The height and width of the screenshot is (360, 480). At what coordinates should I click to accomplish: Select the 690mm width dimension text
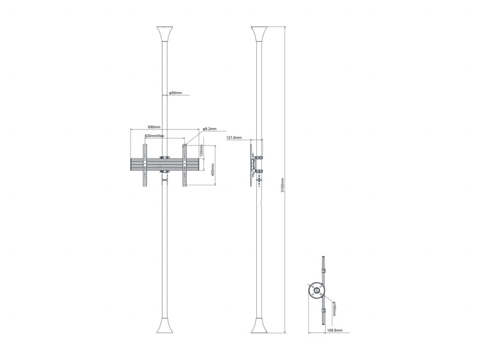coord(154,127)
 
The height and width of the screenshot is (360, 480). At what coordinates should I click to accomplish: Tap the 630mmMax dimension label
coord(154,136)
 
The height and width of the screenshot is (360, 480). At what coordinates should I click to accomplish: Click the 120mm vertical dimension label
coord(201,151)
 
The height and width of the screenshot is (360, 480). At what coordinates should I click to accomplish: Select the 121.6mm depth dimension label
coord(234,138)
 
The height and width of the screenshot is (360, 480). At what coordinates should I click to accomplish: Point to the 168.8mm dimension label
coord(334,331)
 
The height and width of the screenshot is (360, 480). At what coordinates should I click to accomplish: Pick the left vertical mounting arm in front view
coord(144,165)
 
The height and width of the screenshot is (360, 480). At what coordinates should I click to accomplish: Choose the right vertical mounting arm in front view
coord(185,165)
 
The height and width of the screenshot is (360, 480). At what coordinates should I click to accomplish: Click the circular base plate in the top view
coord(316,290)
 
